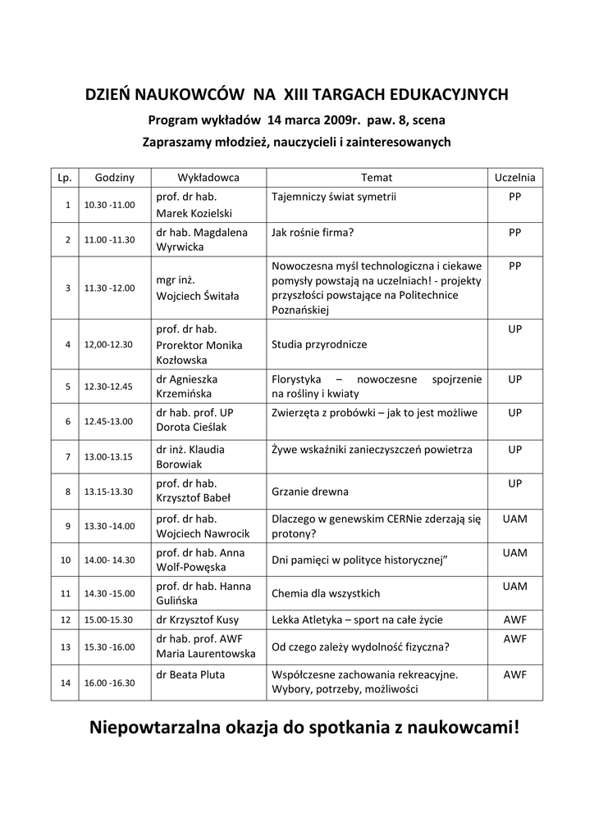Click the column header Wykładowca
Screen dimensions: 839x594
point(208,177)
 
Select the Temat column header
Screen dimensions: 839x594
point(377,177)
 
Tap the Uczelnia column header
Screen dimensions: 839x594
point(514,177)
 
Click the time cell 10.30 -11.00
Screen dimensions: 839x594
point(109,205)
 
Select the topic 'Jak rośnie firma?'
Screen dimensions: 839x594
point(313,233)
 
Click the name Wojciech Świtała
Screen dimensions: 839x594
point(198,296)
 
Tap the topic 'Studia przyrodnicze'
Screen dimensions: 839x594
point(319,345)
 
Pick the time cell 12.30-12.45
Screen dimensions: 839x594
point(109,387)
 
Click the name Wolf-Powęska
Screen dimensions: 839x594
point(190,567)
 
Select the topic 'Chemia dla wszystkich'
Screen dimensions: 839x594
point(326,593)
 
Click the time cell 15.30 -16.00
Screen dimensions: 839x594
point(109,647)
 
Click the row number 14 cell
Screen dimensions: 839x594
point(66,683)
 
